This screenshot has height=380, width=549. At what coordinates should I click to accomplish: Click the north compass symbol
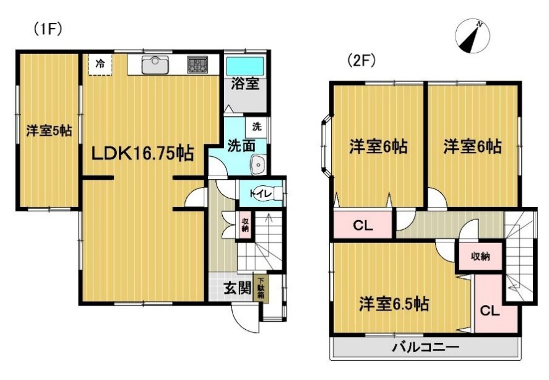[472, 36]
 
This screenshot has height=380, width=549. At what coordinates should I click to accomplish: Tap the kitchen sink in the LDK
[155, 65]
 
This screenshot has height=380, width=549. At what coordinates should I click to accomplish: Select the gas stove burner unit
[197, 65]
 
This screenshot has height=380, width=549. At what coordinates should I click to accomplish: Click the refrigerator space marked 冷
[100, 64]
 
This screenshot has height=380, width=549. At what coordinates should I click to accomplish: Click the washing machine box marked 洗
[257, 126]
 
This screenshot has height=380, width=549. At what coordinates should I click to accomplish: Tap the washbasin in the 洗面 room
[258, 164]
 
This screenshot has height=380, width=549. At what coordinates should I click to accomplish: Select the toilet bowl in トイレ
[269, 193]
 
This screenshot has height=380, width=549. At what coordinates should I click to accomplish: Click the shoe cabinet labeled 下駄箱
[261, 288]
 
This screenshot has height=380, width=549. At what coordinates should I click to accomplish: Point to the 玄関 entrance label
[238, 288]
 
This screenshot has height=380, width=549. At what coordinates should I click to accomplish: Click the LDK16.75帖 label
[142, 153]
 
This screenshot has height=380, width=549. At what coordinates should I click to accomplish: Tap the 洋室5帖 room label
[49, 131]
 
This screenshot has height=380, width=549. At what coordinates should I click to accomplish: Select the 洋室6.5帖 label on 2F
[394, 304]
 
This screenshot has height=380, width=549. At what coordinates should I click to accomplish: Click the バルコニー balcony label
[425, 348]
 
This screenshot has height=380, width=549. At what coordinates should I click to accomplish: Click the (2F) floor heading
[361, 61]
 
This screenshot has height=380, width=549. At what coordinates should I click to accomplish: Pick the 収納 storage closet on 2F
[480, 256]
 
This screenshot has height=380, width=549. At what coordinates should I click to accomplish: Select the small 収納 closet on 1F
[244, 225]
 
